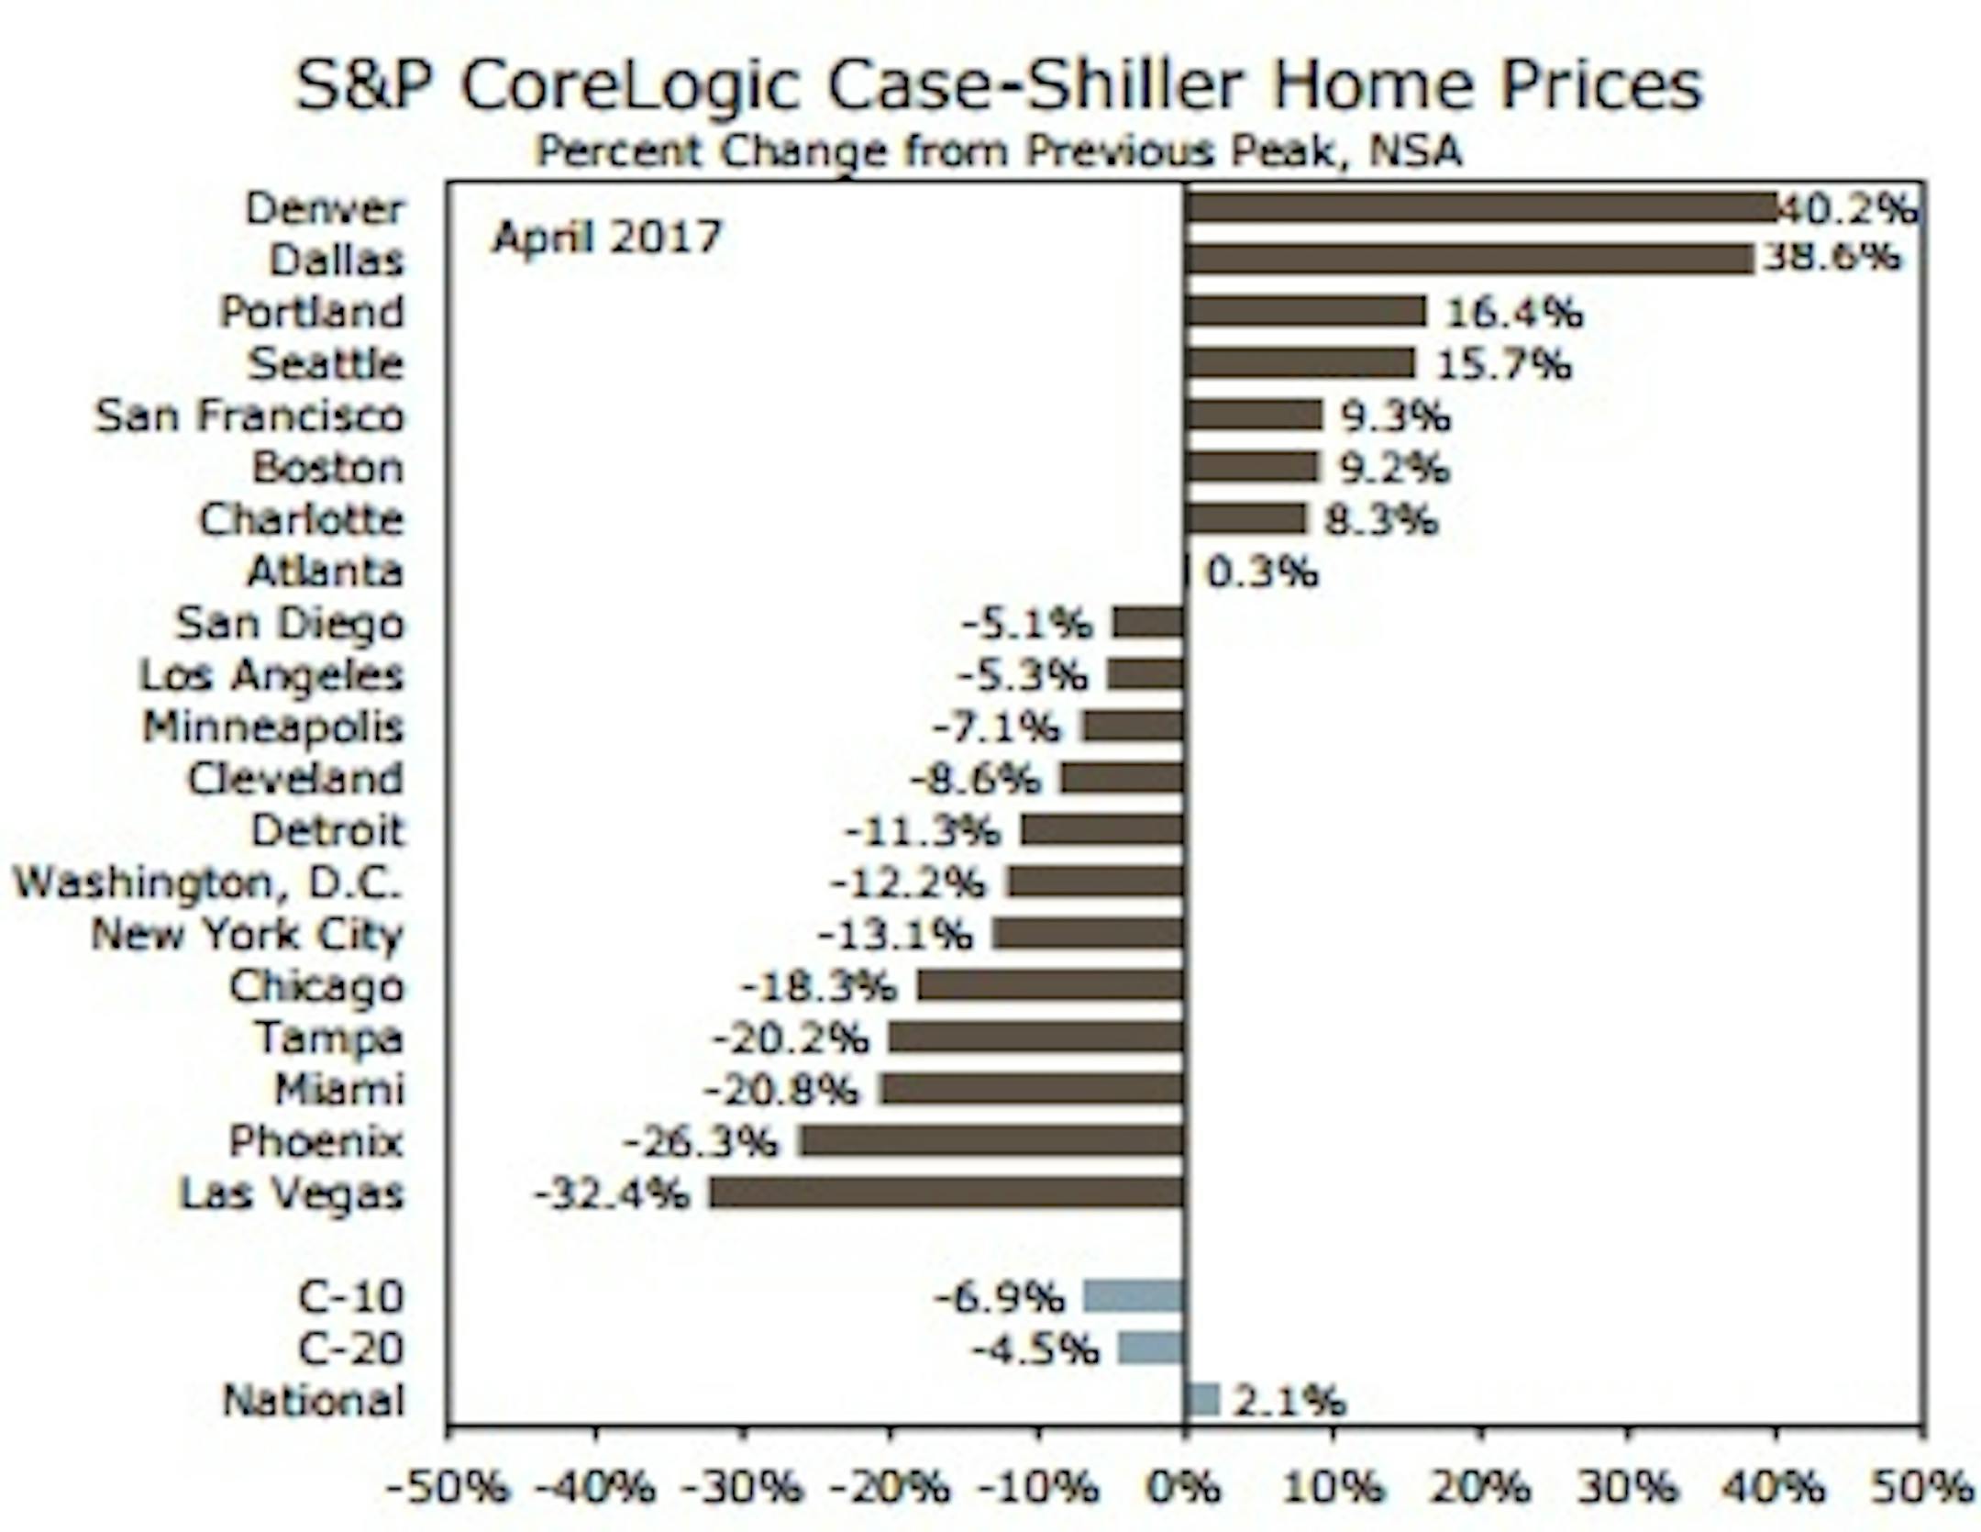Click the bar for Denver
click(x=1479, y=207)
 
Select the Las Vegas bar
click(x=946, y=1193)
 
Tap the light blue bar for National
click(x=1201, y=1400)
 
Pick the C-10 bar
click(x=1134, y=1297)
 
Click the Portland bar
click(x=1305, y=312)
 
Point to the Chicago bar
click(x=1050, y=986)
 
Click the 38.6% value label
click(x=1832, y=258)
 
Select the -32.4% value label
click(x=611, y=1194)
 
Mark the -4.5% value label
click(x=1035, y=1349)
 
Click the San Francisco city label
click(x=249, y=416)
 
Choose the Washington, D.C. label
click(x=208, y=883)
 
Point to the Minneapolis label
click(x=272, y=727)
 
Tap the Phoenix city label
click(x=315, y=1142)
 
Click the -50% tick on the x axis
click(x=447, y=1488)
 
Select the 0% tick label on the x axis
click(x=1184, y=1488)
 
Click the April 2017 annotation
click(x=607, y=238)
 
